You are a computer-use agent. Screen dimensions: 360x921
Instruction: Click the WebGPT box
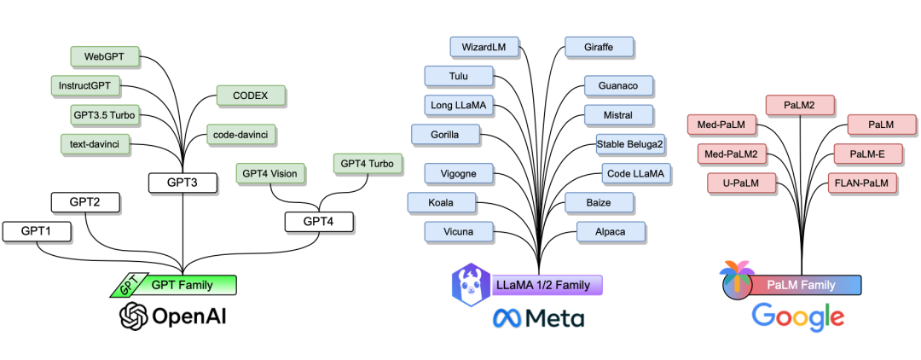coord(105,57)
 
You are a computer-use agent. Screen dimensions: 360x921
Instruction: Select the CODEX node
coord(250,96)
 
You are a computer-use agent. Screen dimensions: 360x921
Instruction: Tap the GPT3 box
coord(182,183)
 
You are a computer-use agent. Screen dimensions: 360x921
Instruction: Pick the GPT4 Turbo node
coord(367,163)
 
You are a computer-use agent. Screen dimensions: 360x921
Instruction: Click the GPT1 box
coord(37,230)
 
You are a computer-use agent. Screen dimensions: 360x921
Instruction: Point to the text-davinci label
coord(95,144)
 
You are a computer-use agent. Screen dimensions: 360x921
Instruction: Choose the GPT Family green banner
coord(182,285)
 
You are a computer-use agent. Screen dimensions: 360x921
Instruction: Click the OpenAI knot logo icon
coord(134,317)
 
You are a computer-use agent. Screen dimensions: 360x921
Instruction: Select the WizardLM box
coord(484,48)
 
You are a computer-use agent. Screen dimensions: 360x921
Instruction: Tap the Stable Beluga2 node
coord(630,144)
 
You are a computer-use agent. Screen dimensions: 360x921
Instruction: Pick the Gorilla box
coord(445,135)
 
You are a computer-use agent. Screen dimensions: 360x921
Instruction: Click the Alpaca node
coord(611,231)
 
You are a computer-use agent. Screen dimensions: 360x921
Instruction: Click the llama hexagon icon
coord(471,284)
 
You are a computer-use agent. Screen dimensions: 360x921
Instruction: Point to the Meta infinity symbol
coord(509,319)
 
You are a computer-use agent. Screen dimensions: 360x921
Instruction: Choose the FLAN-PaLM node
coord(861,183)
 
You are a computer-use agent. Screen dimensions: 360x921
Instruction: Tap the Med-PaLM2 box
coord(733,154)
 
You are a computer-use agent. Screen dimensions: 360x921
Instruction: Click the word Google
coord(797,317)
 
